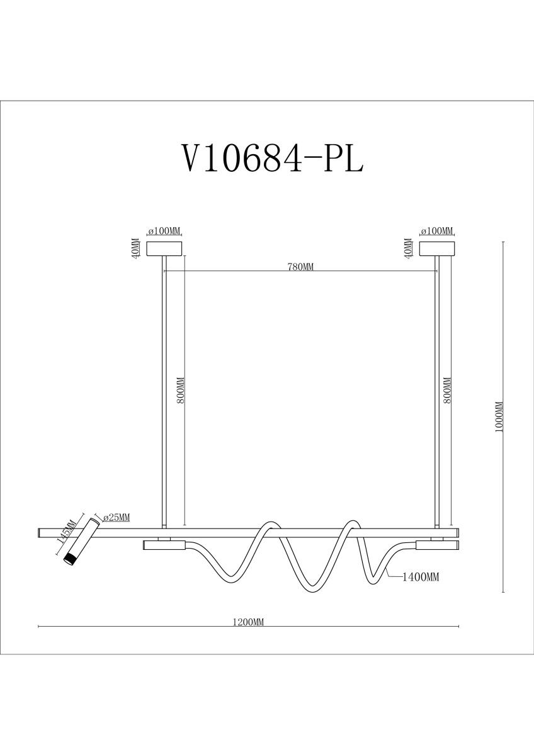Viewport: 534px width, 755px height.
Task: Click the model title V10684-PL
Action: pyautogui.click(x=273, y=158)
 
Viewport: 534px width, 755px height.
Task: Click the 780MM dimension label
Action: pyautogui.click(x=300, y=267)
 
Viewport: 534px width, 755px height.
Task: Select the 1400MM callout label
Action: pyautogui.click(x=421, y=577)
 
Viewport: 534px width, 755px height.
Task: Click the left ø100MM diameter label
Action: pyautogui.click(x=164, y=231)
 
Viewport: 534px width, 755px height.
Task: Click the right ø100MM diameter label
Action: pyautogui.click(x=437, y=231)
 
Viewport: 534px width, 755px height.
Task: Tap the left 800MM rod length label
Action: pyautogui.click(x=181, y=390)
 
